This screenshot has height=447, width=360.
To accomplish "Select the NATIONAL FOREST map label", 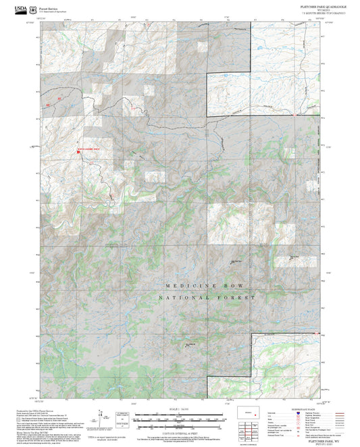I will point(208,297).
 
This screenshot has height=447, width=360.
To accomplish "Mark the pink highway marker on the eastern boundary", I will point(294,115).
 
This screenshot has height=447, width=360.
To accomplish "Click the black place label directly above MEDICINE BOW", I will point(236,262).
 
